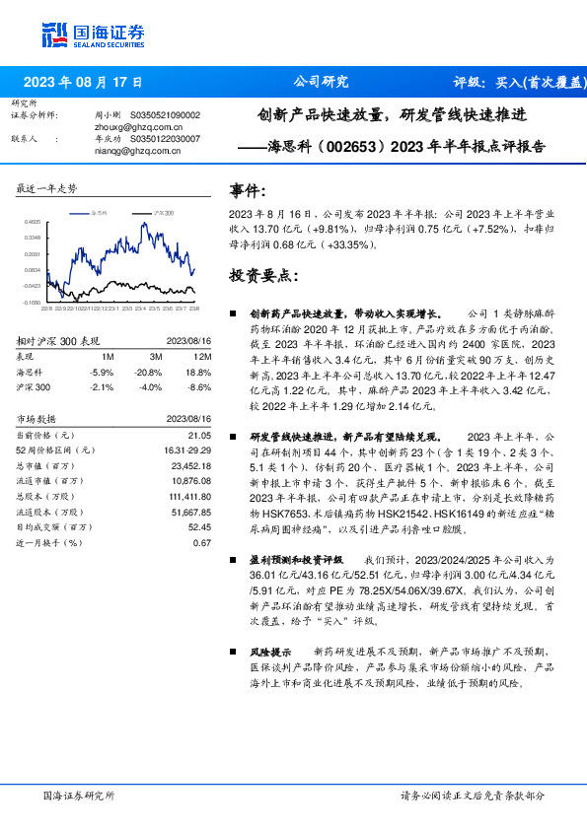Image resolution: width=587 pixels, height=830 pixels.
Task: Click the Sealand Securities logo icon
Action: coord(54,35)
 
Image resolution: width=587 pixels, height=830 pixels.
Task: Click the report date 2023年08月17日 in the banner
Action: coord(83,82)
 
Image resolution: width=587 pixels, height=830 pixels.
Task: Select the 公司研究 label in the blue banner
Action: coord(321,82)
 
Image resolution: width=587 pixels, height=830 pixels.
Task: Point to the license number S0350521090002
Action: coord(165,115)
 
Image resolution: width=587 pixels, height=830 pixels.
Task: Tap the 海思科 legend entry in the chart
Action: coord(101,212)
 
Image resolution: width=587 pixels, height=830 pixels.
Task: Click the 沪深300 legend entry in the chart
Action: coord(162,212)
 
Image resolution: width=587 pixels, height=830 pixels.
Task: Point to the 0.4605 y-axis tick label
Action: coord(34,223)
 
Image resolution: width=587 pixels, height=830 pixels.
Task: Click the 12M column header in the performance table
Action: coord(203,356)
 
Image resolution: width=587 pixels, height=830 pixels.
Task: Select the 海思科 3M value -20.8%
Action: coord(150,372)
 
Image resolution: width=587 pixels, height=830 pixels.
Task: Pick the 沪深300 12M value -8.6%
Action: coord(200,386)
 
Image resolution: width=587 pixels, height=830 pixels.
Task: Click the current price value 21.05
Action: coord(200,435)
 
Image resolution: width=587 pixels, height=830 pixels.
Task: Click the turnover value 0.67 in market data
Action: coord(202,542)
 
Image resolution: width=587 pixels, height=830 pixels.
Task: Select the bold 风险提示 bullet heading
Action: coord(271,652)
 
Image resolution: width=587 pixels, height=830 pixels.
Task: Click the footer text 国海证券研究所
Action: coord(80,795)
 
